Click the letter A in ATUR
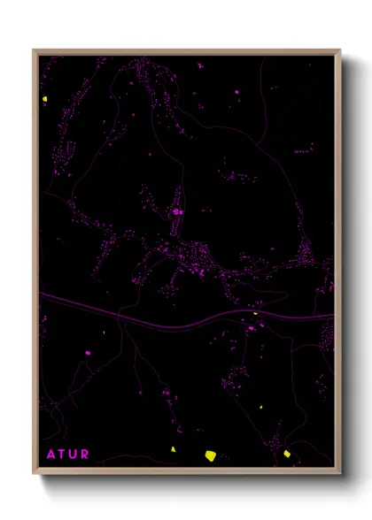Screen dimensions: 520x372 coord(50,455)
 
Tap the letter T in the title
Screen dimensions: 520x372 coord(62,455)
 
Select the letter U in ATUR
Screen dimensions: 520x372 coord(74,455)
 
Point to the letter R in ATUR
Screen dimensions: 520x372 coord(85,455)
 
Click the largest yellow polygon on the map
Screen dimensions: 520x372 coord(211,455)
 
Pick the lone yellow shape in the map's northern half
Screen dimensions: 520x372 coord(44,97)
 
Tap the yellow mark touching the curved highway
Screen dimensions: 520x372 coord(255,312)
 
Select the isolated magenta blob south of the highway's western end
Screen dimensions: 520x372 coord(88,353)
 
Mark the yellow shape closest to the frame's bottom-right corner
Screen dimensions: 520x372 coord(287,454)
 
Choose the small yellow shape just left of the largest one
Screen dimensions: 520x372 coord(174,449)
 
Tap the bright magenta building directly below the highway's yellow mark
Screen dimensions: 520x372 coord(252,328)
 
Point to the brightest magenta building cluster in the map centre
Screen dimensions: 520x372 coord(178,212)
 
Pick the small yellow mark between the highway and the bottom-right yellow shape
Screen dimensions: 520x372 coord(263,406)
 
